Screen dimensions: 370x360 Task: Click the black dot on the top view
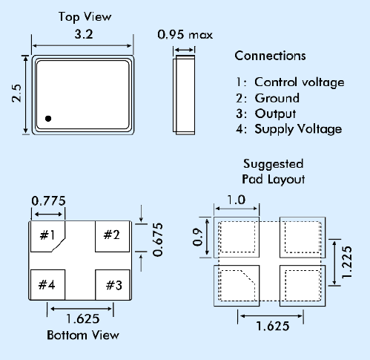click(x=48, y=119)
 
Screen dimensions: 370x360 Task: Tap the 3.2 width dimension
click(x=84, y=34)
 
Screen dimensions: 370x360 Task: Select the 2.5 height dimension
click(x=17, y=94)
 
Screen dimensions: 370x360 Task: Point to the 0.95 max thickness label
click(x=185, y=34)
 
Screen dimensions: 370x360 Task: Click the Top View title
click(x=85, y=17)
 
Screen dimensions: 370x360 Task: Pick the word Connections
click(x=270, y=56)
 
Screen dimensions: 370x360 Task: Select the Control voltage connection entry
click(x=290, y=82)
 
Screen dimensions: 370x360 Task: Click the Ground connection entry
click(x=268, y=98)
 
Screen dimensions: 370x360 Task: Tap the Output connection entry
click(x=266, y=114)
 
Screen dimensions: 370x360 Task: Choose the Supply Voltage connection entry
click(x=289, y=129)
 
